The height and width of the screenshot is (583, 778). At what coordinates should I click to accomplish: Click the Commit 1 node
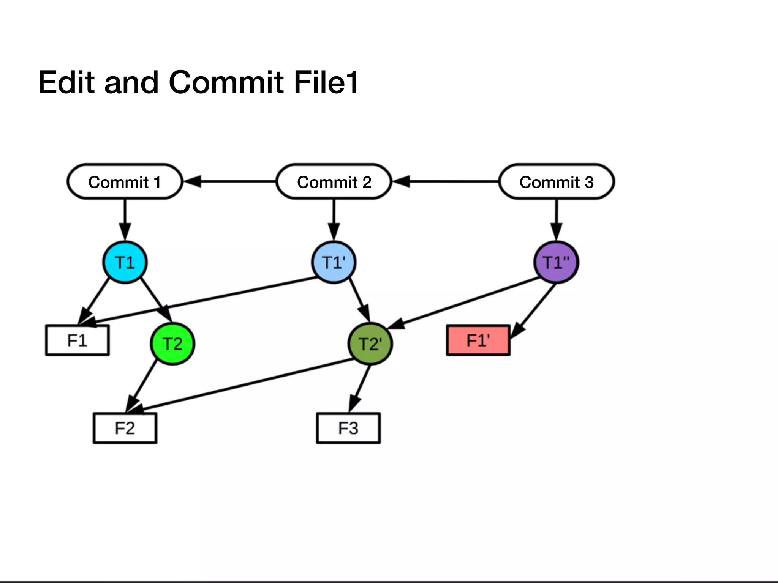pos(125,182)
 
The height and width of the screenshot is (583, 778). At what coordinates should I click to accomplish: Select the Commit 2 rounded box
pos(334,182)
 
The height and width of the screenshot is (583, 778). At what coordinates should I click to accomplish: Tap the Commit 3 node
pos(556,182)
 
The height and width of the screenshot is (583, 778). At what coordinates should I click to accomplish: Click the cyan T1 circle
pos(125,262)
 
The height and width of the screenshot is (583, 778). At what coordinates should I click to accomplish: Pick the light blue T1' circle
pos(334,262)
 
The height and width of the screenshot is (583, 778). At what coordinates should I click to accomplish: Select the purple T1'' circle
pos(556,262)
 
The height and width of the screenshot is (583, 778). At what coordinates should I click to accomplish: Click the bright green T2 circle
pos(172,344)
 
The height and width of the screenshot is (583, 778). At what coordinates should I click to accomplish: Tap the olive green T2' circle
pos(370,344)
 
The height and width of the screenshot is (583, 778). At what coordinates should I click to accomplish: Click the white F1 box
pos(77,340)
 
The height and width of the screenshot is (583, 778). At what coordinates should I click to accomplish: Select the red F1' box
pos(478,340)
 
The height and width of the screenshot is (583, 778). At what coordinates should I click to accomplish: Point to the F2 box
pos(125,428)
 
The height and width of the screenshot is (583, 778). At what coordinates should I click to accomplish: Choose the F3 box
pos(348,428)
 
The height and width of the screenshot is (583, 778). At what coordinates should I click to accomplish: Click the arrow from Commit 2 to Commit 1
pos(232,182)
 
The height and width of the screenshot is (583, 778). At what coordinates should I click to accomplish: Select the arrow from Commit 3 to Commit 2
pos(448,182)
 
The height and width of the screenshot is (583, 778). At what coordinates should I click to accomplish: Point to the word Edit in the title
pos(66,82)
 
